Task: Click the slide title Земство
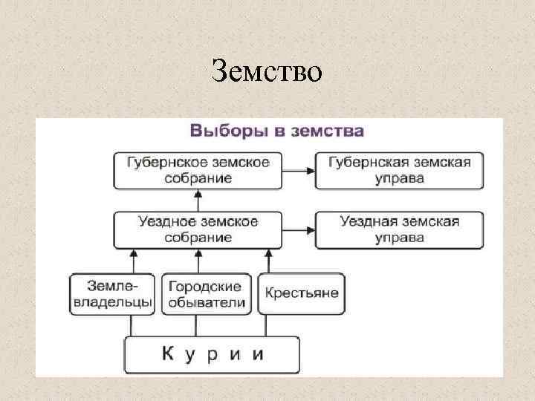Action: [x=267, y=71]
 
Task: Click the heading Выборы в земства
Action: [x=276, y=131]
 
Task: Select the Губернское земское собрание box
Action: [x=198, y=170]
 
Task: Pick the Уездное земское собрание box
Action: [x=198, y=229]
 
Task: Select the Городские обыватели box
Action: [x=206, y=294]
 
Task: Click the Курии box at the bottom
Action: [x=212, y=354]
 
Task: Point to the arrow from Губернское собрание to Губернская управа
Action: [x=299, y=171]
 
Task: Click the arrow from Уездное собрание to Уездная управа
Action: [x=299, y=230]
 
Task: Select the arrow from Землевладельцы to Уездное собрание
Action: [x=132, y=261]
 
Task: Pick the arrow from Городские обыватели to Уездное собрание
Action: [x=198, y=261]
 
